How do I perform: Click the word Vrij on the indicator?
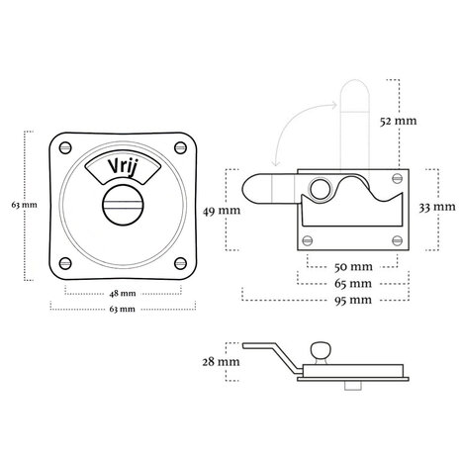(x=122, y=166)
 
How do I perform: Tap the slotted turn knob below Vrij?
(x=123, y=205)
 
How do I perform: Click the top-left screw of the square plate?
(x=65, y=147)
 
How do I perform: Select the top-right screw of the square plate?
(x=180, y=147)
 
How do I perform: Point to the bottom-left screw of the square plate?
(x=65, y=263)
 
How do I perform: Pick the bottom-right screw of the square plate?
(x=180, y=263)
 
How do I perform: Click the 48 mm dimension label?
(x=123, y=293)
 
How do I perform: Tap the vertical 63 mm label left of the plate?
(x=24, y=205)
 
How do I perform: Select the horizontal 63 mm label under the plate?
(x=122, y=309)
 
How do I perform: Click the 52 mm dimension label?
(x=398, y=121)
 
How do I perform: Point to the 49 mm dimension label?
(x=222, y=211)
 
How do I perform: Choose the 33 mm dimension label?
(x=437, y=207)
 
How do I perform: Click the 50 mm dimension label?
(x=353, y=266)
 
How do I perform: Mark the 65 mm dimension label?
(x=353, y=283)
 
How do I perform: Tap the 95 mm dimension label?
(x=353, y=300)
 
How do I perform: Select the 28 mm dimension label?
(x=221, y=362)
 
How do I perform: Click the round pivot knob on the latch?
(x=320, y=189)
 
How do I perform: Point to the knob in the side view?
(x=321, y=350)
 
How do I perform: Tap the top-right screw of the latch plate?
(x=398, y=178)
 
